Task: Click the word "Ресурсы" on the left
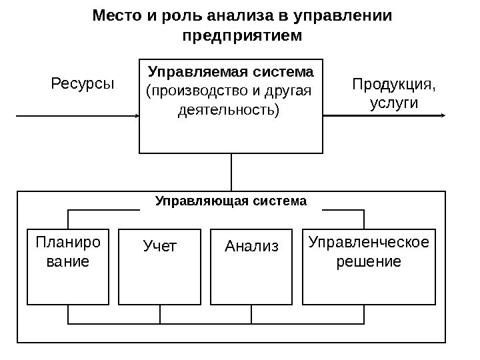(83, 85)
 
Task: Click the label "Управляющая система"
(231, 200)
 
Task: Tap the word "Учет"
(161, 247)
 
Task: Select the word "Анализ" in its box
(251, 247)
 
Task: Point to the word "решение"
(369, 261)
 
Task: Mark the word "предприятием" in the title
(241, 34)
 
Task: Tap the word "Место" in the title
(114, 15)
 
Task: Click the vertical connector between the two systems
(232, 172)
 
